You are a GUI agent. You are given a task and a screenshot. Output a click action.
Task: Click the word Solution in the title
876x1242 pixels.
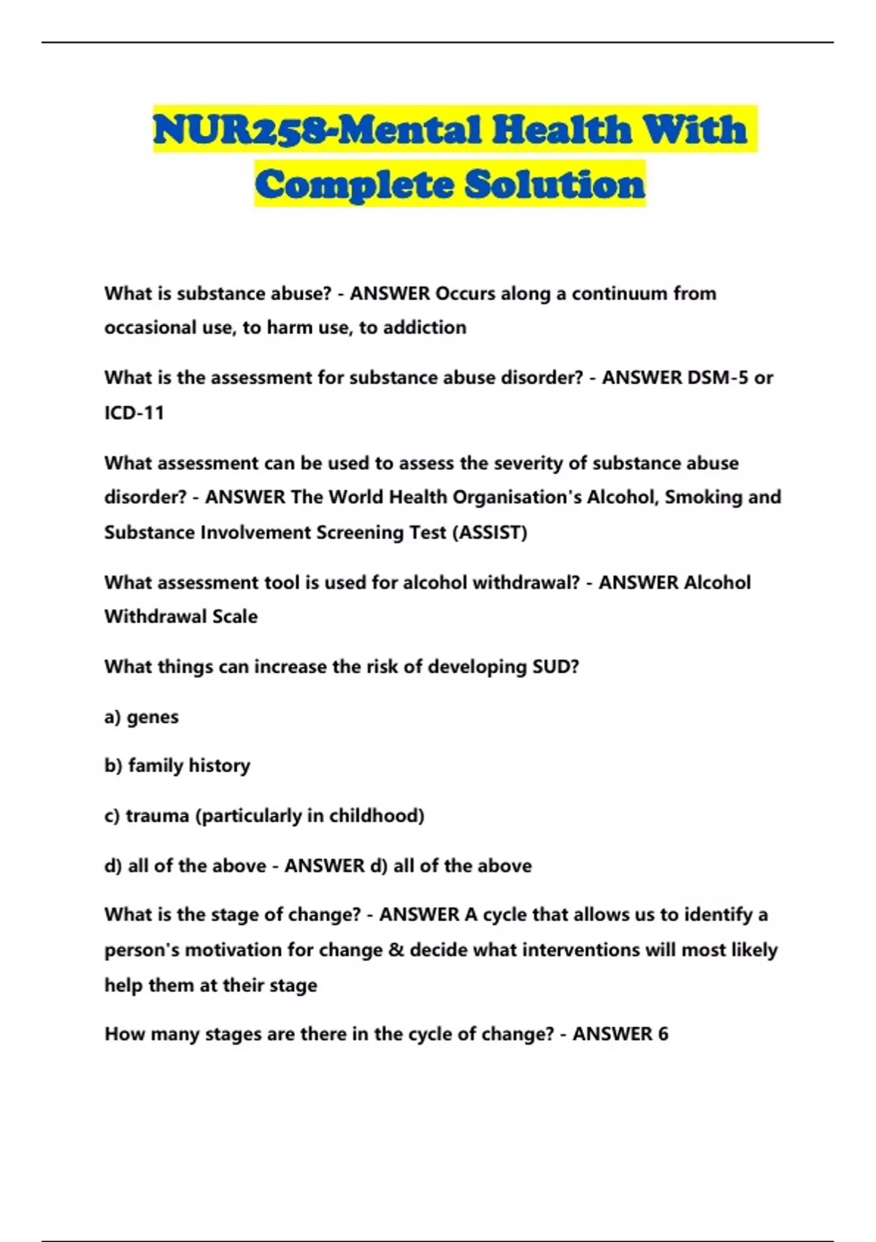555,184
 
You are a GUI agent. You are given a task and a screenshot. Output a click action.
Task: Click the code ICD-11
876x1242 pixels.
134,413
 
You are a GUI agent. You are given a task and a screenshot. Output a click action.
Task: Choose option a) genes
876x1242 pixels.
142,717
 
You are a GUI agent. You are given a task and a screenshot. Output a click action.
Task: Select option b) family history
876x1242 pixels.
177,766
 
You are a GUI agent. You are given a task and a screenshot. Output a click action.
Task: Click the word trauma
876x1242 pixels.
158,816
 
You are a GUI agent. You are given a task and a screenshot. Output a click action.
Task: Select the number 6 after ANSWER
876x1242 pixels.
662,1035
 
